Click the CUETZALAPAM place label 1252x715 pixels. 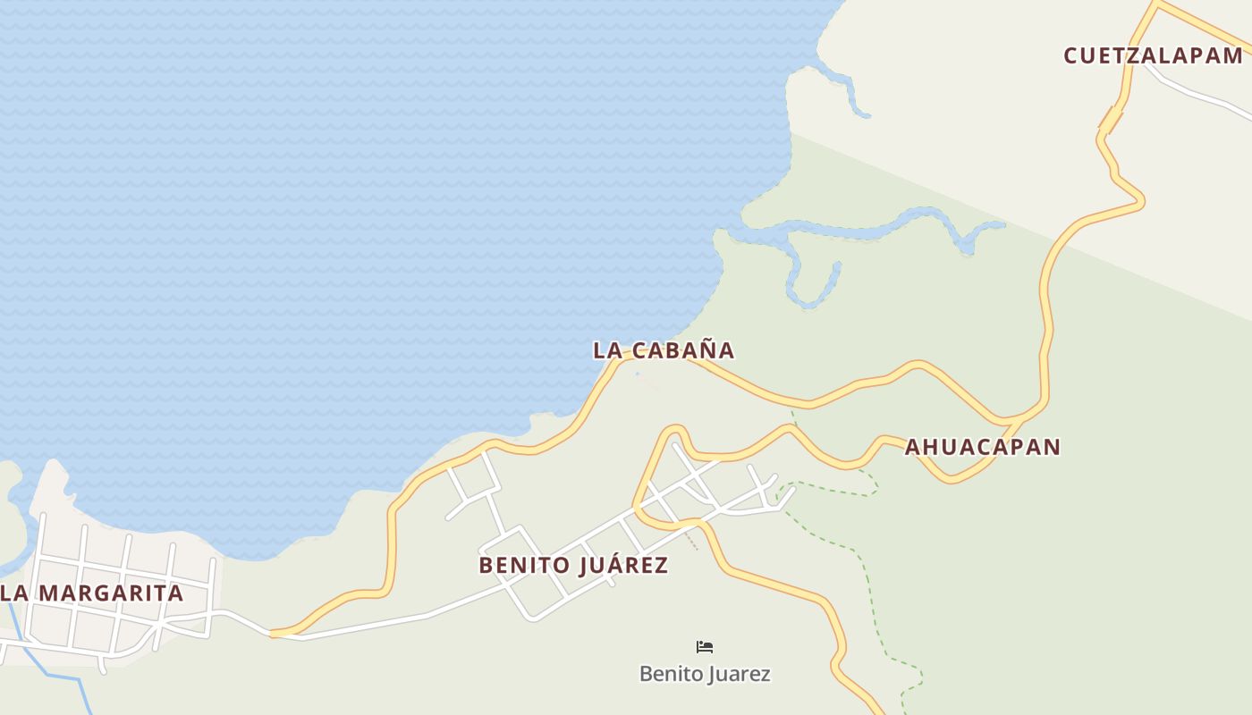(x=1153, y=55)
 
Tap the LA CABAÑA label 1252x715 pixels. (x=664, y=350)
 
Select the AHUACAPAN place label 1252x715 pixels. (x=983, y=447)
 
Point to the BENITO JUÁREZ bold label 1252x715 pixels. (x=573, y=566)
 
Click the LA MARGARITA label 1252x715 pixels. (x=92, y=593)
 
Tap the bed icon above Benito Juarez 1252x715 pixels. (x=705, y=647)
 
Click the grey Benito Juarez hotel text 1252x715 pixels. (x=705, y=674)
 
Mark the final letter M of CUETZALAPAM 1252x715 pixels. (x=1232, y=55)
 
